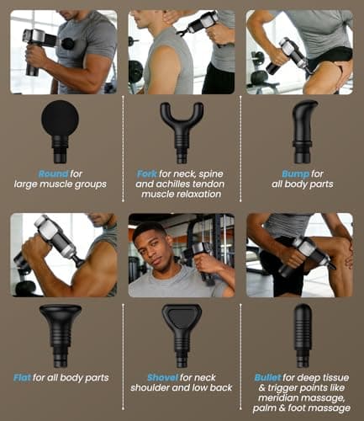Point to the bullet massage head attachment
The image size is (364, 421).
click(303, 333)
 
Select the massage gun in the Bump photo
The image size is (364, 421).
click(290, 55)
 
